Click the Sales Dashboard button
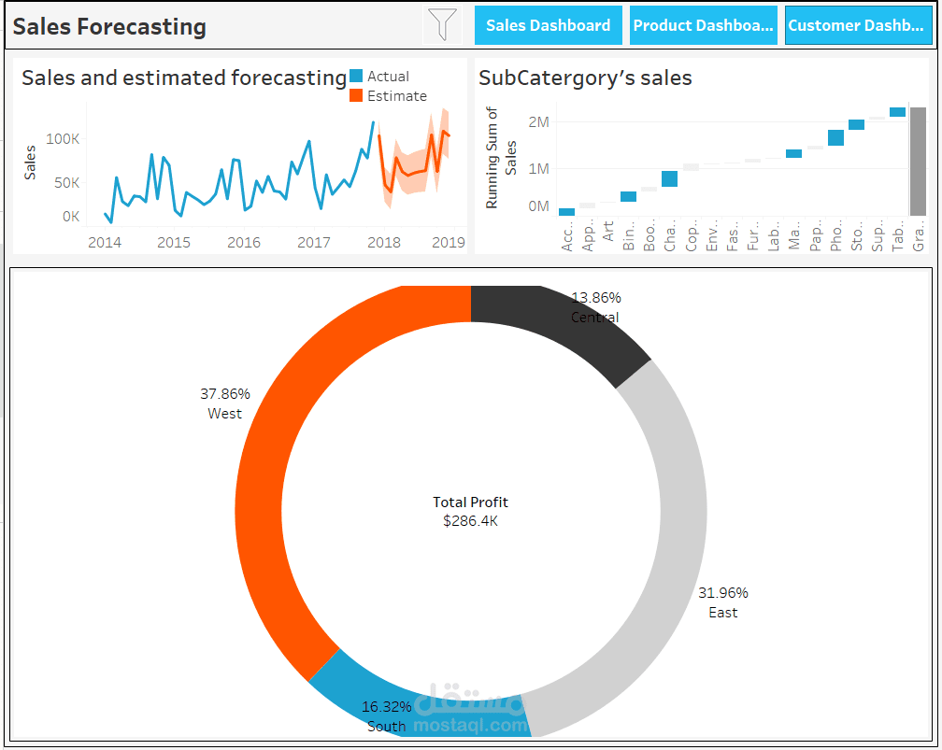[x=548, y=25]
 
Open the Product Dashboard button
[x=704, y=25]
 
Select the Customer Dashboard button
[x=858, y=25]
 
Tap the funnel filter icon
[x=443, y=24]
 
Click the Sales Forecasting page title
[x=109, y=26]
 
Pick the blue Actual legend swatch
[x=356, y=77]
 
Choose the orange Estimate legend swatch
[x=356, y=96]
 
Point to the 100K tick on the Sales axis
[x=63, y=139]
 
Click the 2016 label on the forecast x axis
[x=244, y=243]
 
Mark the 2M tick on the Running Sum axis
[x=538, y=122]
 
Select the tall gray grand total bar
[x=918, y=161]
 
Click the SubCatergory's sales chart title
[x=585, y=78]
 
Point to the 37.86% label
[x=224, y=394]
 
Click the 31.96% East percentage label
[x=722, y=593]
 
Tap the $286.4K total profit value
[x=470, y=521]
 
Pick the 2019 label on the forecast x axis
[x=449, y=243]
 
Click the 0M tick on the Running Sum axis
[x=538, y=205]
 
